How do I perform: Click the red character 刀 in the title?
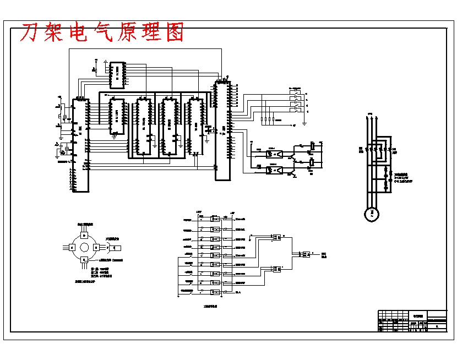[31, 33]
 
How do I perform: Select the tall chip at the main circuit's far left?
[80, 145]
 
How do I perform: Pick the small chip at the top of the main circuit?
[117, 75]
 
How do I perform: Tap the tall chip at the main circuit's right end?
[222, 129]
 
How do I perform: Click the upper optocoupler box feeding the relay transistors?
[274, 153]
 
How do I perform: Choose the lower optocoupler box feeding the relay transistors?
[274, 171]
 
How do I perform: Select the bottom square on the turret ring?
[84, 260]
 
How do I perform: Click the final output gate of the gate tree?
[304, 254]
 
